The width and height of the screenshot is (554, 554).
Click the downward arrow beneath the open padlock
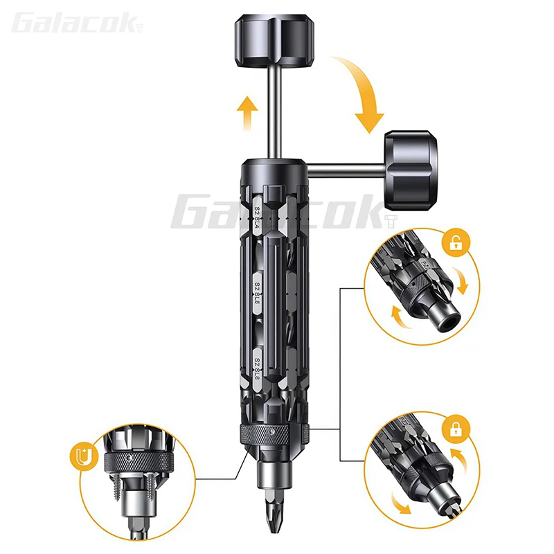(x=462, y=281)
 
